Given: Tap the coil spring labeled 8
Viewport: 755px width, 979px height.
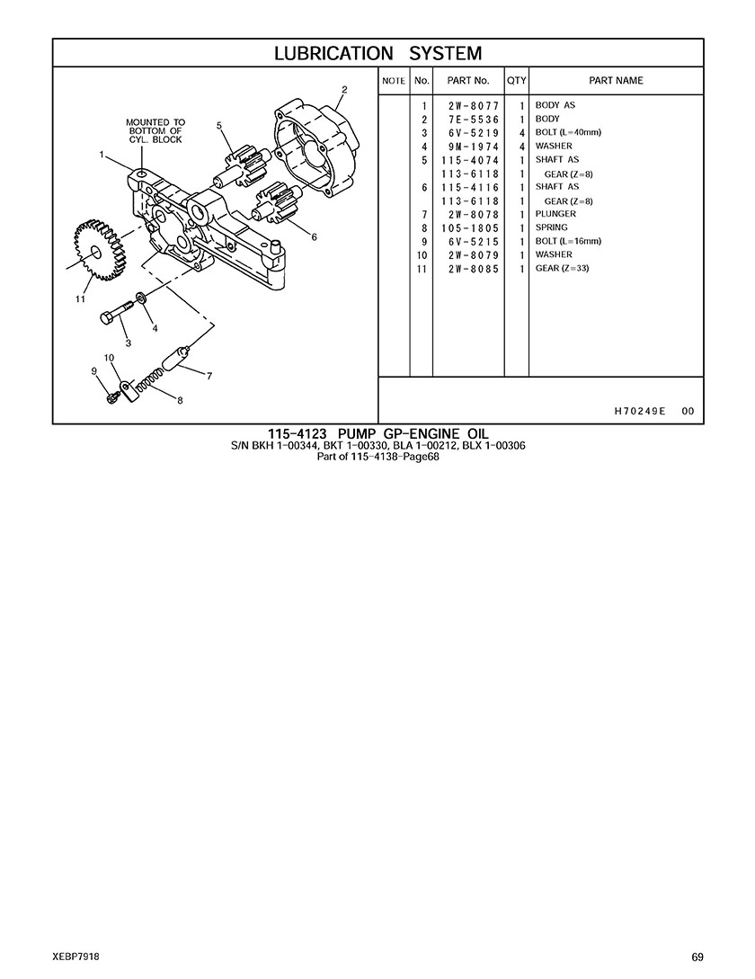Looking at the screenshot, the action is click(x=150, y=381).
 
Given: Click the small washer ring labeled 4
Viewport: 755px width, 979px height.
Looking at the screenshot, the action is click(x=141, y=296).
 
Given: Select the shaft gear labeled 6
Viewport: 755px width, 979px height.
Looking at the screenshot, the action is click(x=277, y=201).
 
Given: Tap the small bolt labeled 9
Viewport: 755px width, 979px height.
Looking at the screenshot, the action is click(x=111, y=397).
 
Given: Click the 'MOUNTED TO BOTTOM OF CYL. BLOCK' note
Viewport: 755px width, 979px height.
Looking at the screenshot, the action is click(x=155, y=131).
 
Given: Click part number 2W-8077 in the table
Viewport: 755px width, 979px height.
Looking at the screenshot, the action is click(x=474, y=105).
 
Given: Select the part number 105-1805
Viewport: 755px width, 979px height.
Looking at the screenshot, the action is click(x=470, y=227).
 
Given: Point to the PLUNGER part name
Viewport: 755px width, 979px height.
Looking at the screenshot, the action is click(x=555, y=214).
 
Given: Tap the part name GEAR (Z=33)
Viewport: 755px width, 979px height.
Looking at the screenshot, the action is click(x=562, y=269).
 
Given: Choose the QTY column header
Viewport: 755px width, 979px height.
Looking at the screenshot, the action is click(x=517, y=81).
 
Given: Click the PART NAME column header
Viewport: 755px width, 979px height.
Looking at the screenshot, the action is click(x=616, y=81).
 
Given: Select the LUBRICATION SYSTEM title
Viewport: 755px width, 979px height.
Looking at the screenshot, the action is click(x=378, y=53).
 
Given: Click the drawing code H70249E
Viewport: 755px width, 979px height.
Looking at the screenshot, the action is click(x=640, y=411).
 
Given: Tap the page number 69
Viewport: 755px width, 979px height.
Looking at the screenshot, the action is click(x=697, y=957).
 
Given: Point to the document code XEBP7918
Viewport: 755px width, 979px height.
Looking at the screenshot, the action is click(x=76, y=957).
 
